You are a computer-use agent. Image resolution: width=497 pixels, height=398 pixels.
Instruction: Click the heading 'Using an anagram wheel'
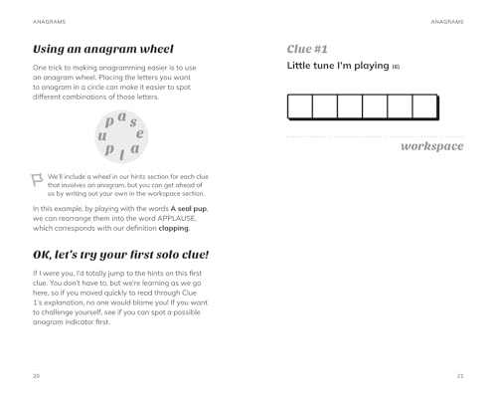[x=103, y=49]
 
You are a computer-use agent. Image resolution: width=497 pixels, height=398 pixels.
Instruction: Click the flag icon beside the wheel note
[x=38, y=179]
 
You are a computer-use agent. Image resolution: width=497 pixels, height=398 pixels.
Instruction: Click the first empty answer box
[x=299, y=106]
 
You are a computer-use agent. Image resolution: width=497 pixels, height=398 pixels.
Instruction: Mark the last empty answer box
[x=424, y=106]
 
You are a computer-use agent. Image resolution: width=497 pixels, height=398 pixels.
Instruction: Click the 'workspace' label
[x=431, y=146]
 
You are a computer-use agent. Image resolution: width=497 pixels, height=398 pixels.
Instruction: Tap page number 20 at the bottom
[x=37, y=375]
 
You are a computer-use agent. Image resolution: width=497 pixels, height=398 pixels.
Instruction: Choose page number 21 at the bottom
[x=459, y=375]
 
